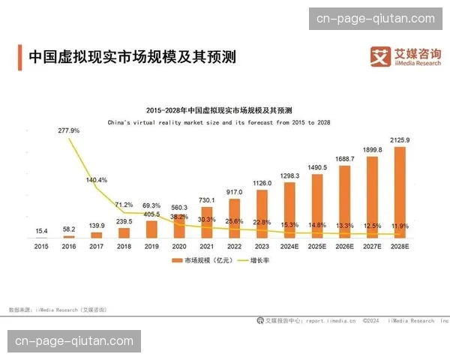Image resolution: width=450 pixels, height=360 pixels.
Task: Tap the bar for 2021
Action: point(207,222)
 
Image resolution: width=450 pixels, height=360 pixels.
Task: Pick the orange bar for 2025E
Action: point(317,205)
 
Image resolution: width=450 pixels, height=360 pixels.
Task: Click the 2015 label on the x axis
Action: point(41,246)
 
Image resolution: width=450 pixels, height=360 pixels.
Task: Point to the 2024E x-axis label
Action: point(289,246)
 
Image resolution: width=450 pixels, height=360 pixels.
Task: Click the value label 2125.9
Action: point(400,140)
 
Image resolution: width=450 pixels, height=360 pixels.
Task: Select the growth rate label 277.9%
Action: point(68,130)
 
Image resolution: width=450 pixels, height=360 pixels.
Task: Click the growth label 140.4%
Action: point(96,180)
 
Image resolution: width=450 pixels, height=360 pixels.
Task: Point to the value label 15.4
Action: point(41,231)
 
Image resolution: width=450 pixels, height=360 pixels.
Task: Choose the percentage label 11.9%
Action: point(400,225)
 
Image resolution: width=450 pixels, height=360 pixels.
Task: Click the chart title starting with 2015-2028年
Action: point(218,109)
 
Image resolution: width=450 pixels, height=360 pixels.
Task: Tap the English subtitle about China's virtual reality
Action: point(218,121)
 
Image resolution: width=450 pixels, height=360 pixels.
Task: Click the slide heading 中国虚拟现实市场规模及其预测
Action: point(132,57)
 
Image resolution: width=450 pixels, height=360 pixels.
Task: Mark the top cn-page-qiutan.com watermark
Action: point(375,19)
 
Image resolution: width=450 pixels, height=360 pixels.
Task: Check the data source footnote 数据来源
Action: point(57,309)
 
